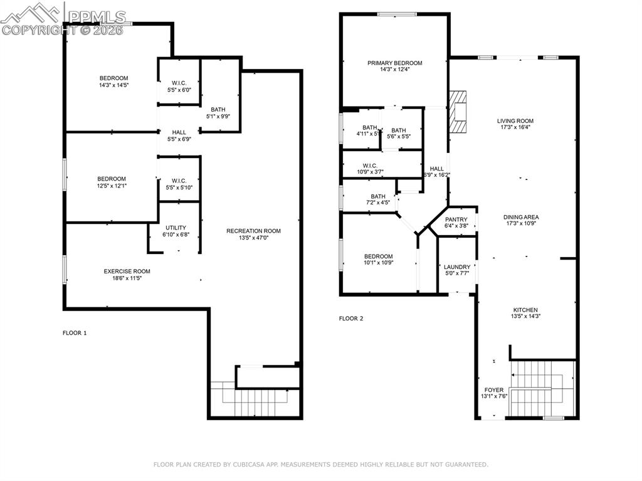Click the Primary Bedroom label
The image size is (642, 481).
pyautogui.click(x=394, y=63)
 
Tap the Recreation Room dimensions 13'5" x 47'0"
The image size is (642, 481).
pyautogui.click(x=253, y=238)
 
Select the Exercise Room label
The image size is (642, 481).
pyautogui.click(x=127, y=272)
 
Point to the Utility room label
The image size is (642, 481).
pyautogui.click(x=176, y=228)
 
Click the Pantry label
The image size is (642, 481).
pyautogui.click(x=456, y=219)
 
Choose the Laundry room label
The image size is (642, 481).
pyautogui.click(x=456, y=267)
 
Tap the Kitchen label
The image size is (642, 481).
pyautogui.click(x=525, y=310)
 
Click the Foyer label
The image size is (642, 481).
pyautogui.click(x=494, y=389)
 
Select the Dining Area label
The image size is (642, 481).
pyautogui.click(x=521, y=217)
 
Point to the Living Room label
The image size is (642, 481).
pyautogui.click(x=515, y=121)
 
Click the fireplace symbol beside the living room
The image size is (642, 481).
pyautogui.click(x=460, y=112)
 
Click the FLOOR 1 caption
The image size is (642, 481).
pyautogui.click(x=75, y=333)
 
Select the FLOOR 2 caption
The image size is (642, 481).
pyautogui.click(x=351, y=319)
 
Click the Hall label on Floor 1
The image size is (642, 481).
pyautogui.click(x=179, y=132)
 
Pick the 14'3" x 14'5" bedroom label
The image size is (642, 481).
pyautogui.click(x=113, y=78)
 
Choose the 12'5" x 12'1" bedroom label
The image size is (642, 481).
pyautogui.click(x=111, y=179)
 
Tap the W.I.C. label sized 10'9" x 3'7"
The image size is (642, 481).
pyautogui.click(x=369, y=166)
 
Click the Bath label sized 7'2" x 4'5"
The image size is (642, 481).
pyautogui.click(x=378, y=196)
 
